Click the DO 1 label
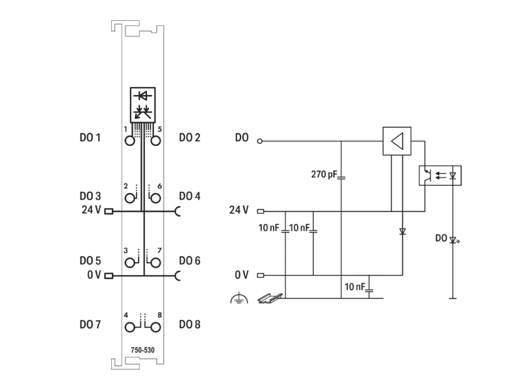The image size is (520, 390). (90, 137)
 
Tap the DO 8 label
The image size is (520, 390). (190, 324)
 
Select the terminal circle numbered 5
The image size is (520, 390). (155, 141)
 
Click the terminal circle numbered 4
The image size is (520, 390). (130, 328)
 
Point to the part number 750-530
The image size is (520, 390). (142, 350)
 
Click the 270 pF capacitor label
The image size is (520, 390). (324, 174)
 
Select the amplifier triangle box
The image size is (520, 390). (397, 141)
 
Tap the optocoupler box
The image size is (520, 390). (440, 175)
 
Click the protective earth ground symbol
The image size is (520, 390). (239, 298)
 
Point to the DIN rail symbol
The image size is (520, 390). (270, 298)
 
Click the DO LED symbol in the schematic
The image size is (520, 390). (454, 239)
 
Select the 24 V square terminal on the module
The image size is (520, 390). (109, 211)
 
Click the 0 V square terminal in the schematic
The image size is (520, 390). (261, 275)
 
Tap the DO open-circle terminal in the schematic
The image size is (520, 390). (259, 141)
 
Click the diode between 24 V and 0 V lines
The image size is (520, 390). (402, 231)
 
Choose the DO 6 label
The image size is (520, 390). (190, 261)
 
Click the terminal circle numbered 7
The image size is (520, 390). (155, 263)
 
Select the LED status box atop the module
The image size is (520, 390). (142, 105)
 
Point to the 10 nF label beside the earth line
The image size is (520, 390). (354, 287)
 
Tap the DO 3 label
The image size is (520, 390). (90, 196)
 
